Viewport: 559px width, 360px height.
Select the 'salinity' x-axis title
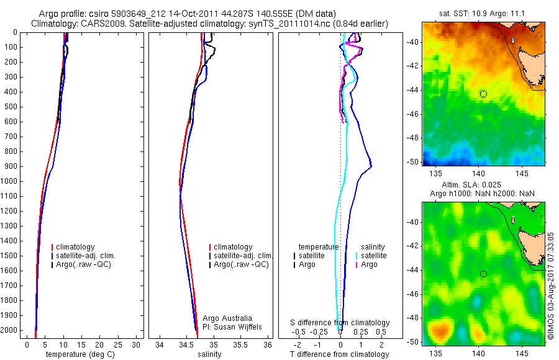(x=209, y=354)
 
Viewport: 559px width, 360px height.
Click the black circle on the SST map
(x=483, y=94)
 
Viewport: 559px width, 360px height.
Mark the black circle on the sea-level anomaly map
(x=483, y=274)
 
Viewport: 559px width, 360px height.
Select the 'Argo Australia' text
(x=227, y=318)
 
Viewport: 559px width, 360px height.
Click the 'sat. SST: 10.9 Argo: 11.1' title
(x=484, y=14)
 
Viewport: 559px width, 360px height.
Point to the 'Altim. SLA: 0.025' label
(x=484, y=186)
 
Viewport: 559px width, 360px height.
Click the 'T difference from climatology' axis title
(x=339, y=354)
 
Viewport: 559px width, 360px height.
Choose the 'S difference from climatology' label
(x=340, y=323)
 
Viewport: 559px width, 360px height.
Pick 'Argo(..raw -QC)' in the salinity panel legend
(x=241, y=264)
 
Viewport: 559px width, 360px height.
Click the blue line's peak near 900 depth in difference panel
(x=371, y=166)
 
